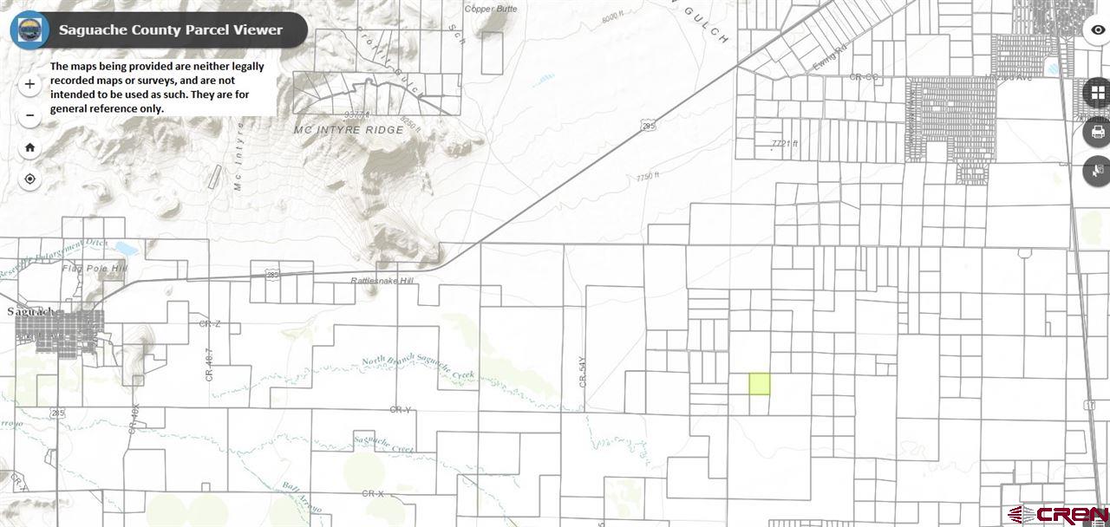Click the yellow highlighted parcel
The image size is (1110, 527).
pyautogui.click(x=759, y=384)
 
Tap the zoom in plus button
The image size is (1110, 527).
pyautogui.click(x=30, y=84)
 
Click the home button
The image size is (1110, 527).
pyautogui.click(x=30, y=147)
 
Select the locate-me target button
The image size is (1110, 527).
pyautogui.click(x=30, y=179)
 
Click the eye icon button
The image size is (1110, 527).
pyautogui.click(x=1098, y=29)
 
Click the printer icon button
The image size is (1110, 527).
pyautogui.click(x=1097, y=133)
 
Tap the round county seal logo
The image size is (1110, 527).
pyautogui.click(x=29, y=29)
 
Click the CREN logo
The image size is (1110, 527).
pyautogui.click(x=1057, y=514)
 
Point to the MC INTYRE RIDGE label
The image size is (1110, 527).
pyautogui.click(x=349, y=130)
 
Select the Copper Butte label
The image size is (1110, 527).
pyautogui.click(x=491, y=9)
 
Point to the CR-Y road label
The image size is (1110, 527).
pyautogui.click(x=400, y=409)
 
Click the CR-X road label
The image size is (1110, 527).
pyautogui.click(x=373, y=493)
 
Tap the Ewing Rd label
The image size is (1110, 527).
pyautogui.click(x=828, y=62)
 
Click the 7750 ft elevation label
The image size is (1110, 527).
pyautogui.click(x=648, y=176)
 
